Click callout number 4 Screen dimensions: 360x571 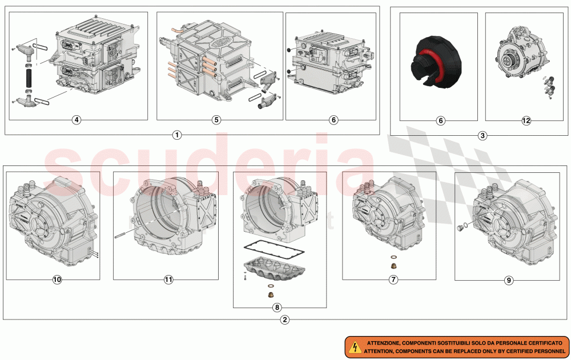click(x=77, y=120)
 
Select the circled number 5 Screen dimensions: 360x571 click(x=216, y=120)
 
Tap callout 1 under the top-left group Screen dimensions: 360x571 click(x=177, y=135)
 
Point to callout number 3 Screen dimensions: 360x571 click(x=482, y=136)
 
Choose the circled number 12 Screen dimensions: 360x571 click(x=526, y=120)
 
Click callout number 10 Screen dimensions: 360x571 click(x=57, y=280)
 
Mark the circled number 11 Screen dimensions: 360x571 click(x=168, y=280)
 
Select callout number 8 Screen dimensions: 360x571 click(x=277, y=307)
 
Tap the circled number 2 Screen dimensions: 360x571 click(x=285, y=319)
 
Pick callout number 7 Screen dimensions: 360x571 click(x=394, y=280)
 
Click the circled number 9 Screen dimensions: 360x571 click(x=509, y=280)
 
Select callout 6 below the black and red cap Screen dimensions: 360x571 click(x=440, y=120)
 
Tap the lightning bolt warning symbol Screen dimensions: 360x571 click(x=355, y=346)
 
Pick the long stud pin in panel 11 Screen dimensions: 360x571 click(x=126, y=232)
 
